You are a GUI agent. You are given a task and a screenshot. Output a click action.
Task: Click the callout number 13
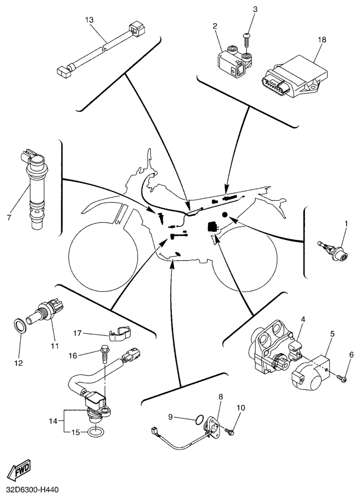point(89,20)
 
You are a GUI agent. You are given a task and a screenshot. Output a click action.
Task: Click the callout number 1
point(346,223)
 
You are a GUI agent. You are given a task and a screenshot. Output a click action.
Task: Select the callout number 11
point(55,345)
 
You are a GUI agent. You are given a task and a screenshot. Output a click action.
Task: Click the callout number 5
point(332,334)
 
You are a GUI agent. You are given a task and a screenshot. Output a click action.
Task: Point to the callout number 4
point(303,319)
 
